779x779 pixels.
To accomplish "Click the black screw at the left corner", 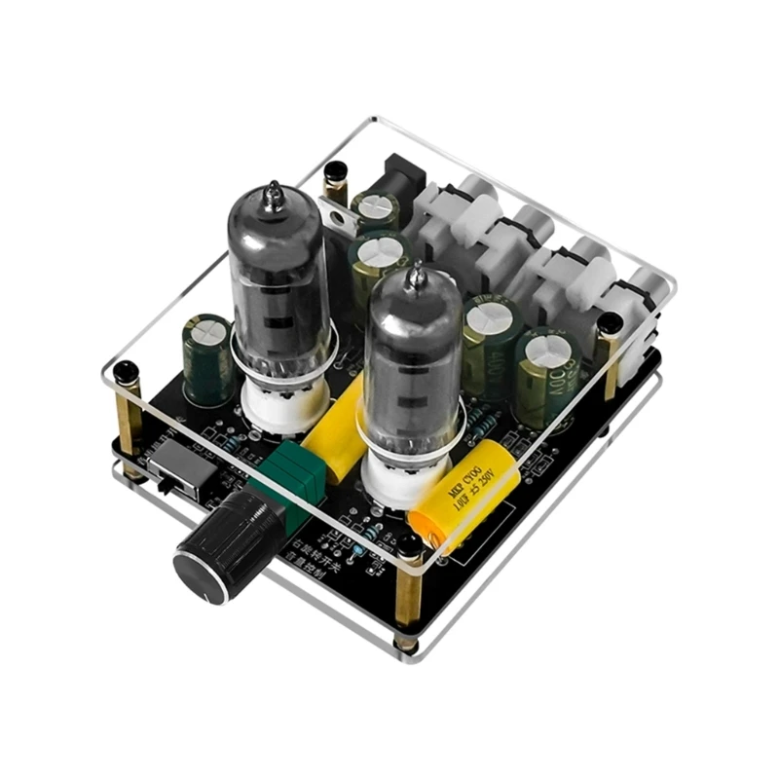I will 126,372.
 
